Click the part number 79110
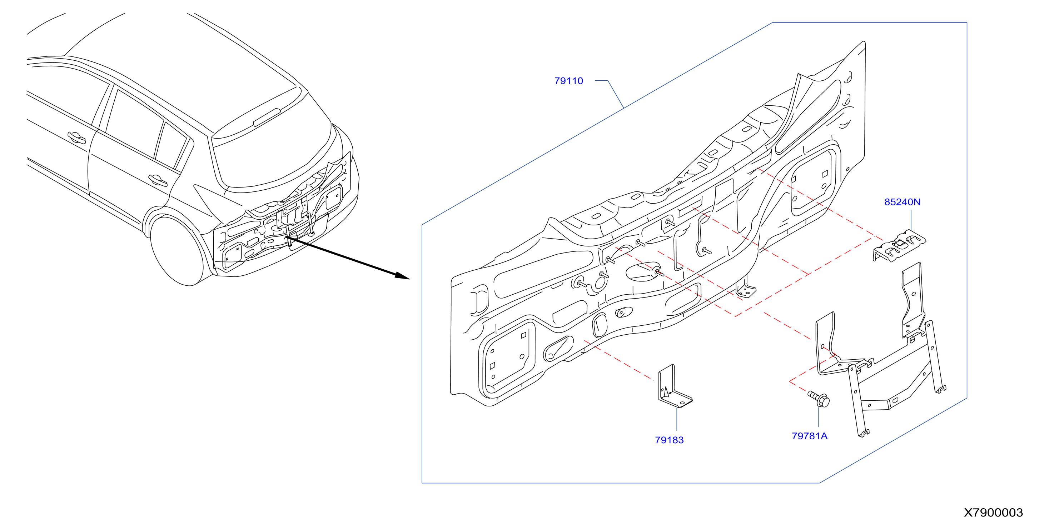568,81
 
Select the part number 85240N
902,202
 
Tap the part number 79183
669,440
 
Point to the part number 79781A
810,436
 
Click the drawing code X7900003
993,512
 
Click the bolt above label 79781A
819,399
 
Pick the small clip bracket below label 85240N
899,246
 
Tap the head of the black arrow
402,276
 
